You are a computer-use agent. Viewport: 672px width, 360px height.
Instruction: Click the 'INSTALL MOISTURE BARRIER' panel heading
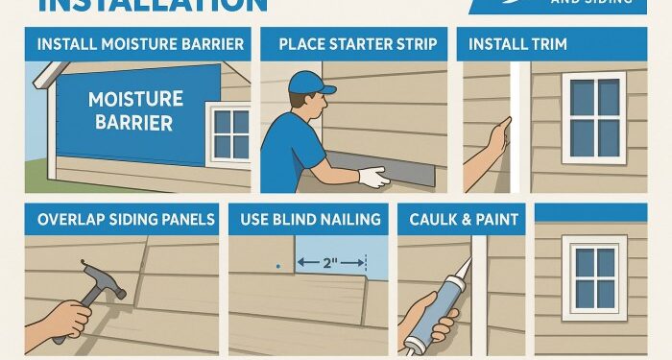click(139, 44)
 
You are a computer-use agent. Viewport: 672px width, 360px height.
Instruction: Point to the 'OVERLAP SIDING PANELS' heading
click(126, 219)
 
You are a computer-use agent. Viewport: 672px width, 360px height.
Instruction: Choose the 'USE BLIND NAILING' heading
click(308, 219)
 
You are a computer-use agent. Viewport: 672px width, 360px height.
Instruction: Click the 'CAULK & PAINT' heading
click(464, 219)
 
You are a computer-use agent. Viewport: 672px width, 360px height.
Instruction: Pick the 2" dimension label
click(332, 262)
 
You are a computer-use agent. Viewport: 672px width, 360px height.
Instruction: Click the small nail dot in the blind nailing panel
click(276, 265)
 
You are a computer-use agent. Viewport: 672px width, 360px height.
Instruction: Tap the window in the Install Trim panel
click(593, 115)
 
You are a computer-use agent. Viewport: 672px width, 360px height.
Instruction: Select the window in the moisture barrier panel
click(230, 132)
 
